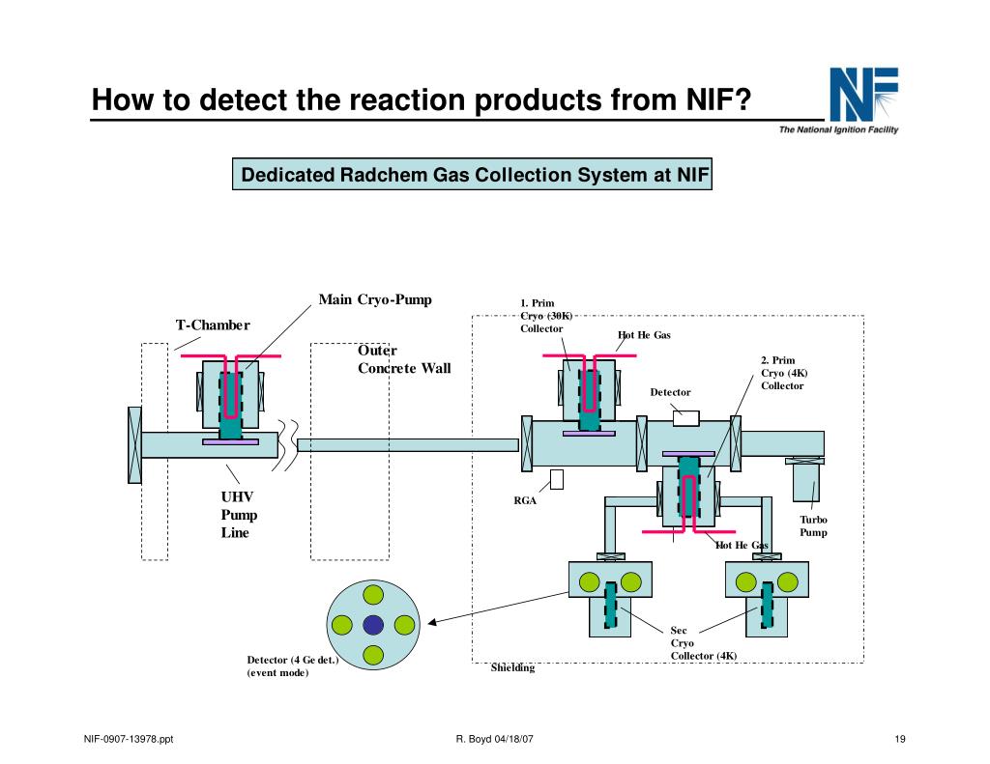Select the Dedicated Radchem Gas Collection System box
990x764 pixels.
pyautogui.click(x=474, y=176)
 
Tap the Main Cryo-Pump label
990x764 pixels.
pyautogui.click(x=375, y=299)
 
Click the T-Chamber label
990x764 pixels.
pyautogui.click(x=213, y=325)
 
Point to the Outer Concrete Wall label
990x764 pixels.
pyautogui.click(x=404, y=359)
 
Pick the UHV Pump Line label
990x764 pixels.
pyautogui.click(x=239, y=515)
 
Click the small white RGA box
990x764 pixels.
pyautogui.click(x=557, y=479)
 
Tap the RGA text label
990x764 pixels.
pyautogui.click(x=524, y=500)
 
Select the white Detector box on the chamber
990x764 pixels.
pyautogui.click(x=685, y=418)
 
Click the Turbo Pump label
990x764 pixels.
pyautogui.click(x=813, y=526)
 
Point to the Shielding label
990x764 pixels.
pyautogui.click(x=512, y=667)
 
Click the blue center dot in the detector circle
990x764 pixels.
pyautogui.click(x=373, y=625)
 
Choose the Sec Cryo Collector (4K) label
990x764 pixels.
pyautogui.click(x=703, y=643)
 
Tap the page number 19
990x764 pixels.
pyautogui.click(x=899, y=741)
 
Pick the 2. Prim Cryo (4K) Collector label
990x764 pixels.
pyautogui.click(x=782, y=373)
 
